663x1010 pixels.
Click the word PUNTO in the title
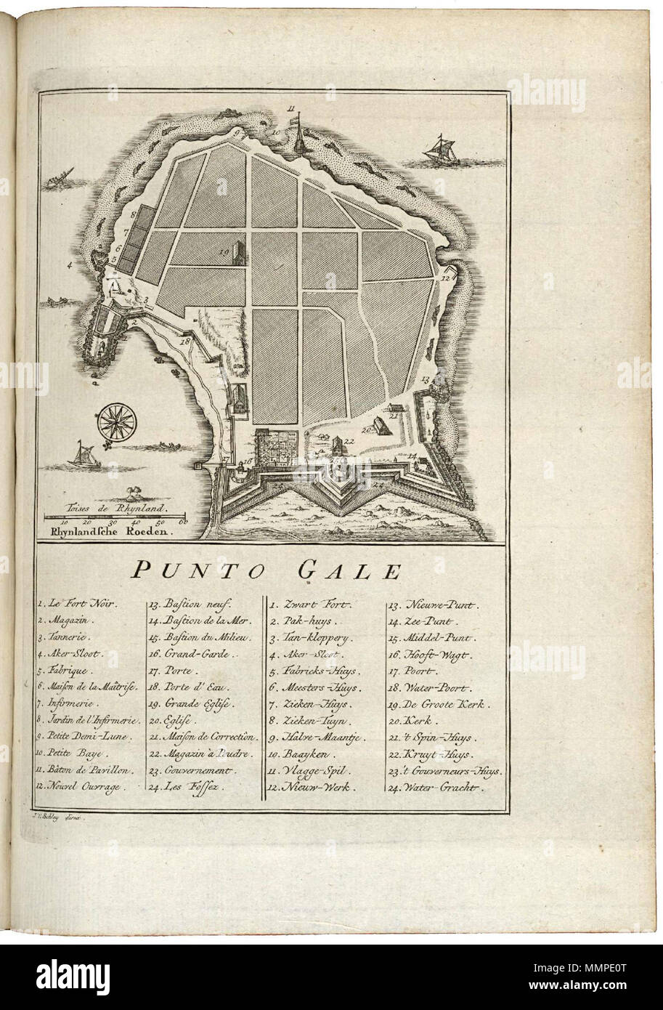[x=197, y=570]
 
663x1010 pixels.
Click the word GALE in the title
[x=348, y=570]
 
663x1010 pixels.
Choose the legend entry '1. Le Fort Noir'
[x=79, y=603]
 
